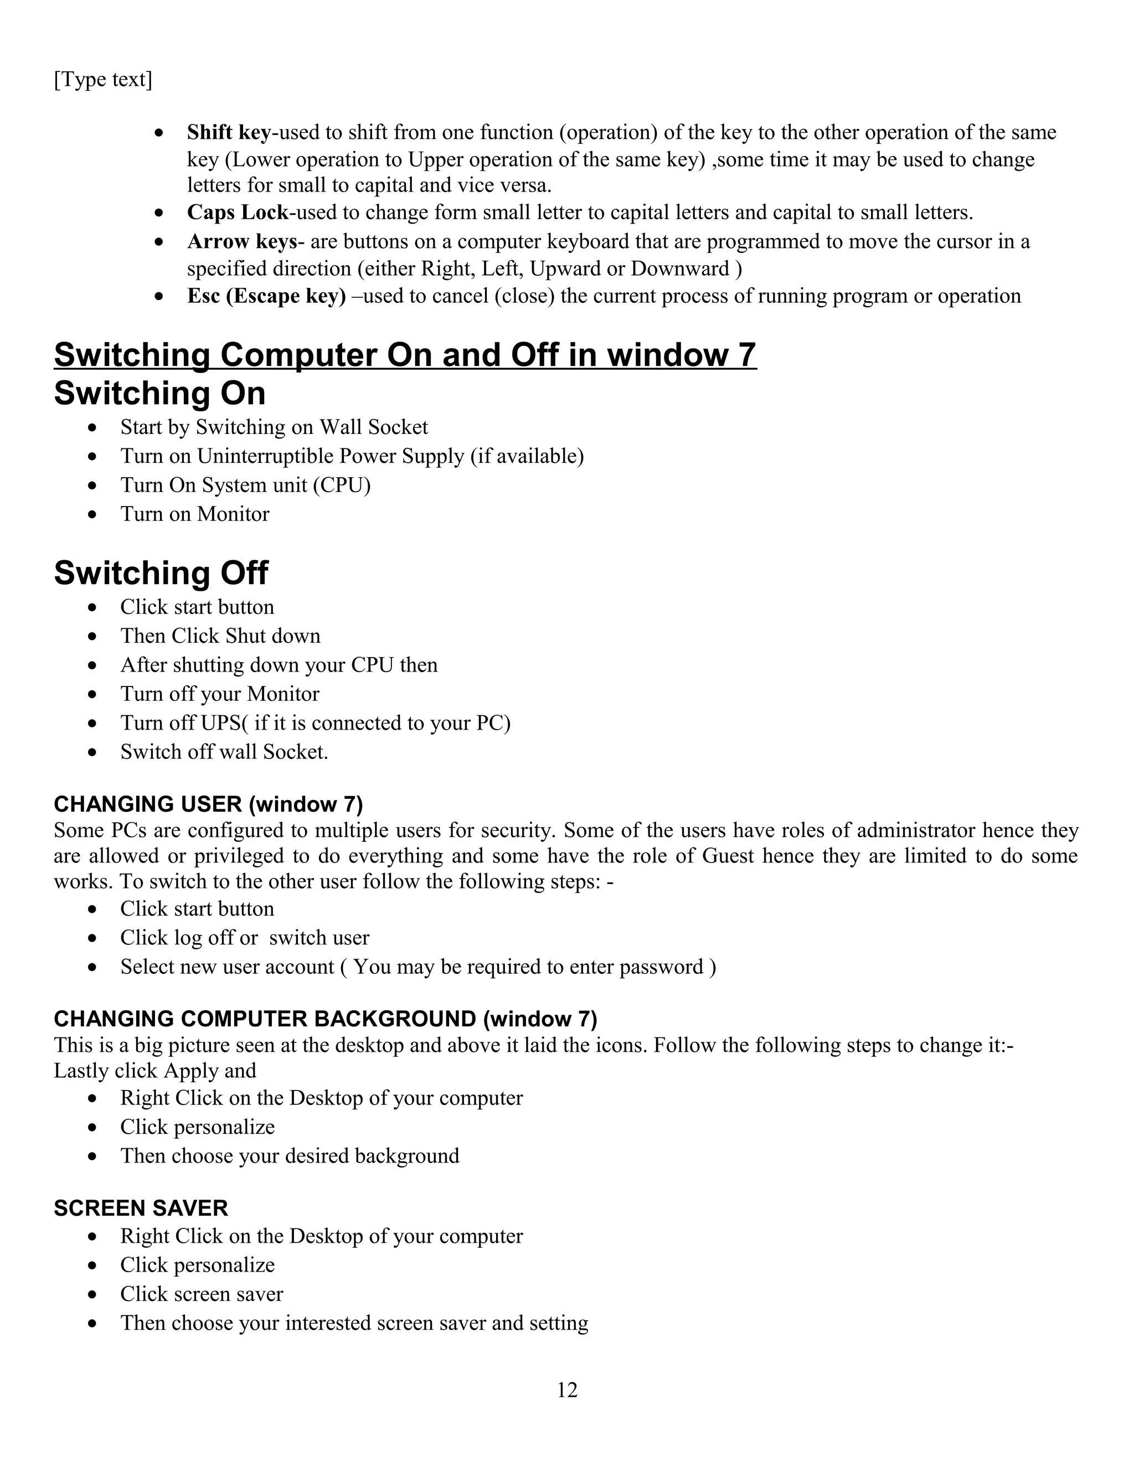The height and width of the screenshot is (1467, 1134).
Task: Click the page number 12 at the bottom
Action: point(567,1389)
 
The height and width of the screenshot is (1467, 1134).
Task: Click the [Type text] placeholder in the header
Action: point(103,80)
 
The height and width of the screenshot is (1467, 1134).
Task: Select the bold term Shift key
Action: point(229,132)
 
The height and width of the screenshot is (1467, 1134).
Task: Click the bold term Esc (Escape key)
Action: point(266,296)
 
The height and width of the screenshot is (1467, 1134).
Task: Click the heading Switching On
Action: point(159,394)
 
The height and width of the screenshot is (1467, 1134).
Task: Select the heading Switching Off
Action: point(161,573)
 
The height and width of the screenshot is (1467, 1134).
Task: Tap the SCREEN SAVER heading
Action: point(141,1208)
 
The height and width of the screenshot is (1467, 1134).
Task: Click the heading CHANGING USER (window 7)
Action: point(208,804)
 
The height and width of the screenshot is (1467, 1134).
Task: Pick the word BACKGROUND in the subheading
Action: point(395,1019)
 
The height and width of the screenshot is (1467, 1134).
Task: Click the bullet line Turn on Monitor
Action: point(194,514)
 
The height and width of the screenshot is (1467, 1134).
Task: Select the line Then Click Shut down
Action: point(220,636)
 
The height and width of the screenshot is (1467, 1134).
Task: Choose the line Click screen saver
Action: point(201,1294)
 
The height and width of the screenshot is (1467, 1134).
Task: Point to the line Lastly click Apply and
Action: point(154,1071)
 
